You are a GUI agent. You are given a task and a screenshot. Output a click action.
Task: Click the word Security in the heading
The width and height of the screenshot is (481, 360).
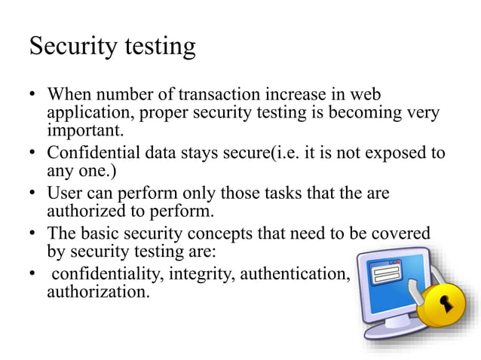72,47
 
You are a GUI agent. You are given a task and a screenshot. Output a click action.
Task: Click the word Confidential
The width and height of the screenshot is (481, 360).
96,153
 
